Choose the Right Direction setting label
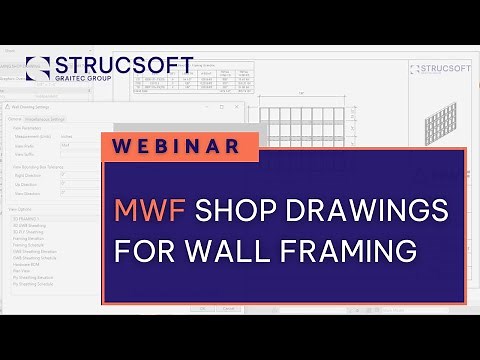pos(28,174)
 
